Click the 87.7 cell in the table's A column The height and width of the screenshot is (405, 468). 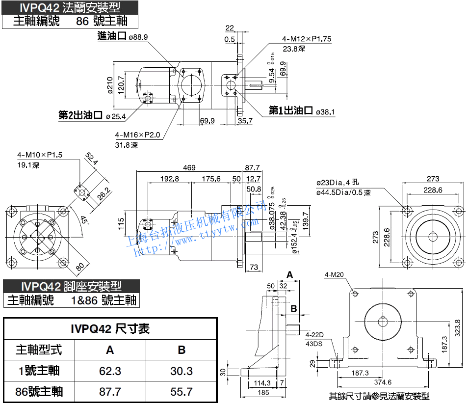click(x=110, y=391)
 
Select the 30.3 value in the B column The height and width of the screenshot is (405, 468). click(x=182, y=371)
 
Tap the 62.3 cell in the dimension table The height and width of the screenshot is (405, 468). click(x=110, y=371)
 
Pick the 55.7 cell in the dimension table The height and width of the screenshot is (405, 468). click(x=182, y=391)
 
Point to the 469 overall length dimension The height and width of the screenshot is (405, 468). click(x=189, y=168)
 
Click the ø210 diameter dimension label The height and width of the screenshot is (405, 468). click(x=109, y=86)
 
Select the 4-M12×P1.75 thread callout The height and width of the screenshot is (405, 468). click(x=307, y=39)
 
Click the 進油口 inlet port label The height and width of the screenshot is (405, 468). click(x=112, y=36)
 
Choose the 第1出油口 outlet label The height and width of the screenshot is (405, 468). click(x=291, y=111)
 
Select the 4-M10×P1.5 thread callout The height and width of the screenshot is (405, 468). click(x=40, y=155)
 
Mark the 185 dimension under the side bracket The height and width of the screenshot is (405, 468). click(x=263, y=392)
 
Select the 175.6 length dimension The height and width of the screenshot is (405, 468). click(x=211, y=179)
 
